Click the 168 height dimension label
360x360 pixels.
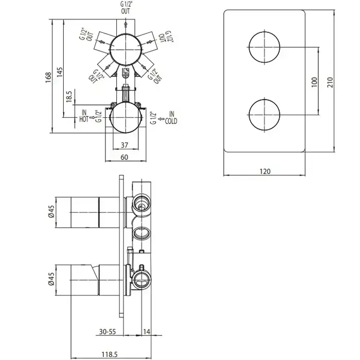coord(48,78)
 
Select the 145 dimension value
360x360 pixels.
coord(60,72)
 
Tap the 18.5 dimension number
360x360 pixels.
coord(69,97)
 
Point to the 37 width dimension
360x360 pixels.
coord(124,145)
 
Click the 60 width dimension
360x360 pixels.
coord(124,157)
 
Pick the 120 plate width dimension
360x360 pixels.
coord(265,171)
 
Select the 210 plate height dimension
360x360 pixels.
coord(330,82)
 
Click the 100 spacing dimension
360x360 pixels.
coord(315,82)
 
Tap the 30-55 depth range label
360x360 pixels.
coord(107,332)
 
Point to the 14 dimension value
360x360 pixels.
coord(147,332)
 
